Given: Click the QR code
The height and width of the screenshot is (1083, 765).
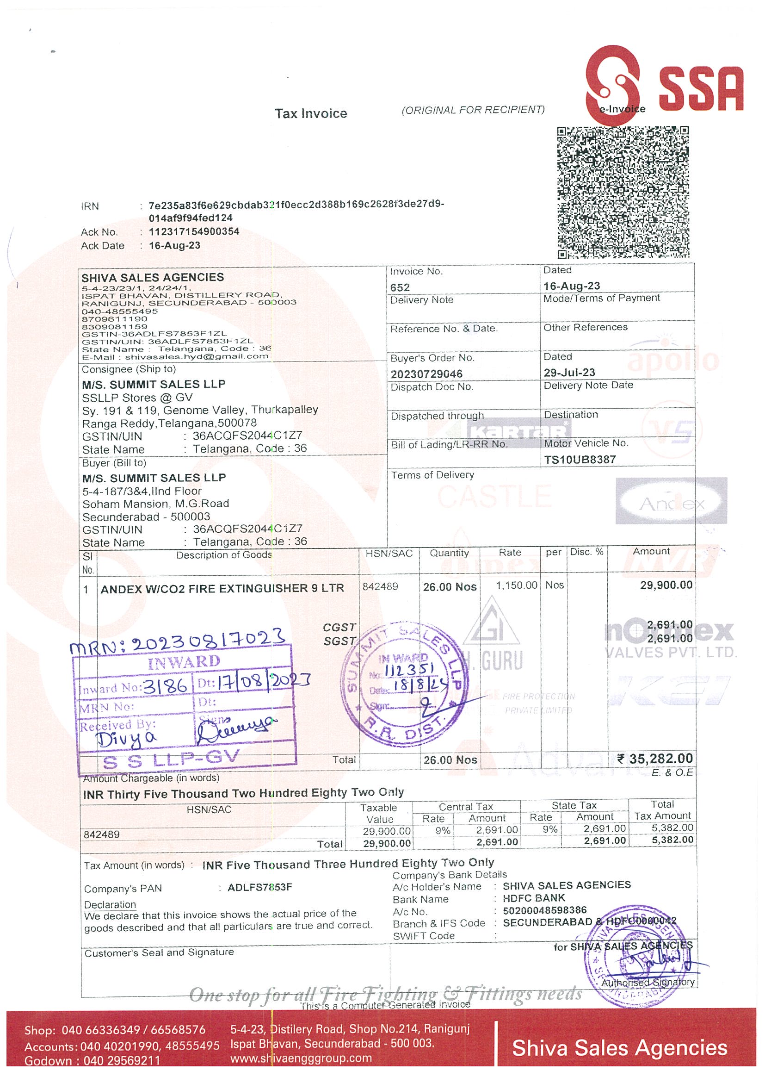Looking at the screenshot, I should pos(623,192).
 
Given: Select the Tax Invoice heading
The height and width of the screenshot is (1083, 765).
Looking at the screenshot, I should pos(311,114).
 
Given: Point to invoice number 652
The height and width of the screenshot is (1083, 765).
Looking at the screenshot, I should pos(400,287).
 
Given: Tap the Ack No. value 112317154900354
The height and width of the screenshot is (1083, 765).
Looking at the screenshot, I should pos(194,231).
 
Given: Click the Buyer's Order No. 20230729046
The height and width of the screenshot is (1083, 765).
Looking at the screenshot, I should pos(426,373).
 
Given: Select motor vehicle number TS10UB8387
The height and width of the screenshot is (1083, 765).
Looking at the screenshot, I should pos(580,460).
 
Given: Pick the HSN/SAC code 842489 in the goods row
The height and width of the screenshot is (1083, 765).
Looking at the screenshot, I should pos(380,586).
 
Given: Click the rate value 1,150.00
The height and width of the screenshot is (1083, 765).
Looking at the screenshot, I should pos(516,585).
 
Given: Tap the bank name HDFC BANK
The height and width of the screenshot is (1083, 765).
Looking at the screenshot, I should pos(534,898).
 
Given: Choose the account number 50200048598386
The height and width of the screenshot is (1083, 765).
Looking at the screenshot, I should pos(544,910).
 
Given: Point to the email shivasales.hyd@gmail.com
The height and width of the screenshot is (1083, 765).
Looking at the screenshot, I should pos(197,356).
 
